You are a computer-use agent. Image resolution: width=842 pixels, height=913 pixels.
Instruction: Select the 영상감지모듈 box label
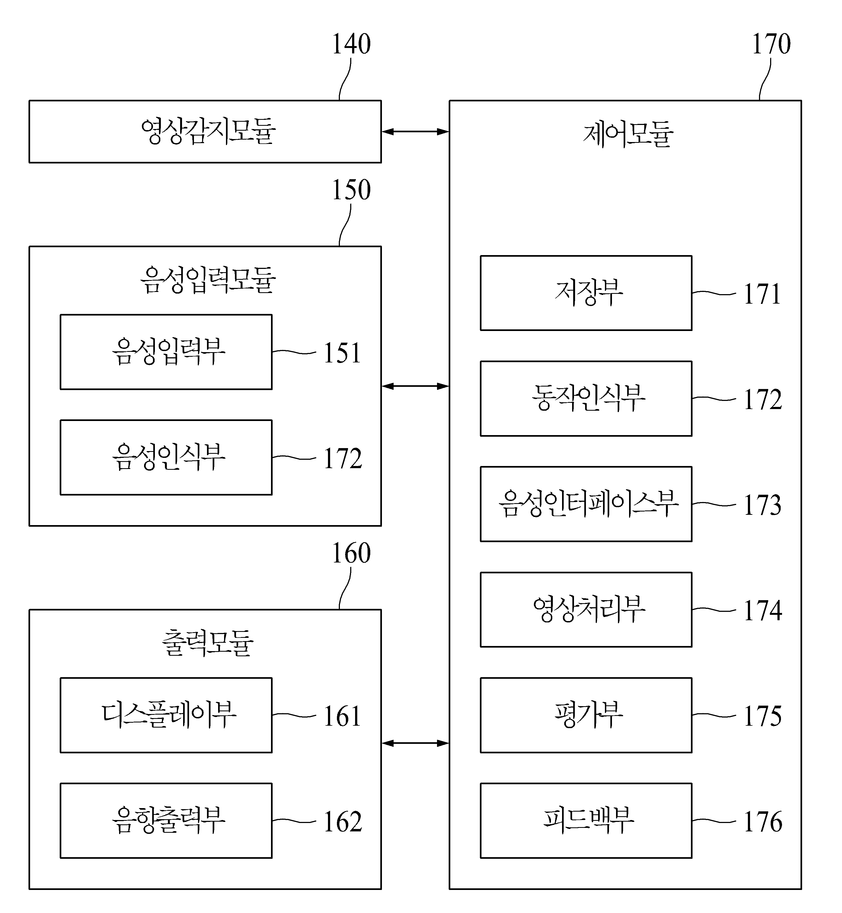(x=208, y=131)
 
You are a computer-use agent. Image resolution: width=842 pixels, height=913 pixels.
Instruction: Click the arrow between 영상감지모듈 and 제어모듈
(x=415, y=131)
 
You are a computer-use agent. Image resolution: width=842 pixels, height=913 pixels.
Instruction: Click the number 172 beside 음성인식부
(x=343, y=459)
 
